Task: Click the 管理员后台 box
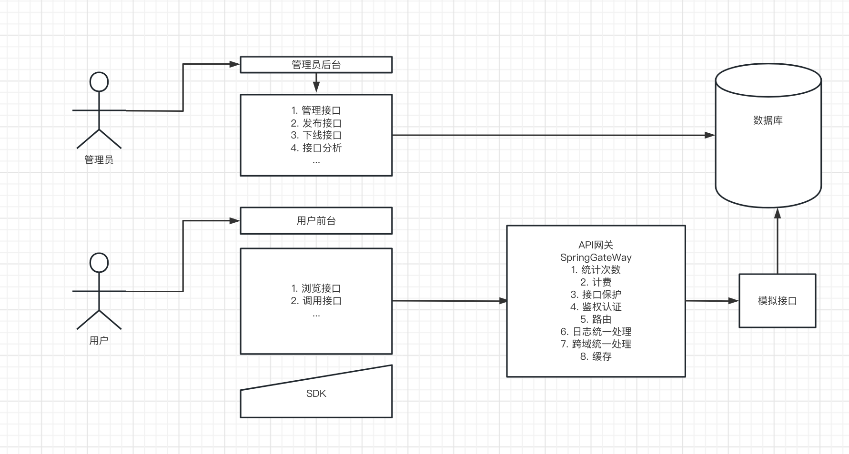pyautogui.click(x=316, y=65)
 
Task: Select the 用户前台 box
pyautogui.click(x=316, y=221)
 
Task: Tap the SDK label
pyautogui.click(x=316, y=394)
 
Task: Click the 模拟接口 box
pyautogui.click(x=777, y=301)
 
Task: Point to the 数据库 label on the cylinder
pyautogui.click(x=768, y=120)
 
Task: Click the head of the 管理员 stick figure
pyautogui.click(x=99, y=82)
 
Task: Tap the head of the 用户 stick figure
pyautogui.click(x=99, y=263)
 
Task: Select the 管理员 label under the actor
pyautogui.click(x=99, y=160)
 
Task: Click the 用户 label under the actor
pyautogui.click(x=99, y=341)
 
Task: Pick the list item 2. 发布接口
pyautogui.click(x=316, y=123)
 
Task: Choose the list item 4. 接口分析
pyautogui.click(x=316, y=148)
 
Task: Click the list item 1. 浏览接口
pyautogui.click(x=316, y=288)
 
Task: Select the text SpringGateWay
pyautogui.click(x=596, y=257)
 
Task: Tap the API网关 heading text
pyautogui.click(x=596, y=245)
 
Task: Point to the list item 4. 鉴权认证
pyautogui.click(x=596, y=307)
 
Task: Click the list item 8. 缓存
pyautogui.click(x=596, y=356)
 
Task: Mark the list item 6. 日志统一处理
pyautogui.click(x=596, y=332)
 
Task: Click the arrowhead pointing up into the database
pyautogui.click(x=778, y=213)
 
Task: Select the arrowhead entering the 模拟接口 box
pyautogui.click(x=734, y=301)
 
